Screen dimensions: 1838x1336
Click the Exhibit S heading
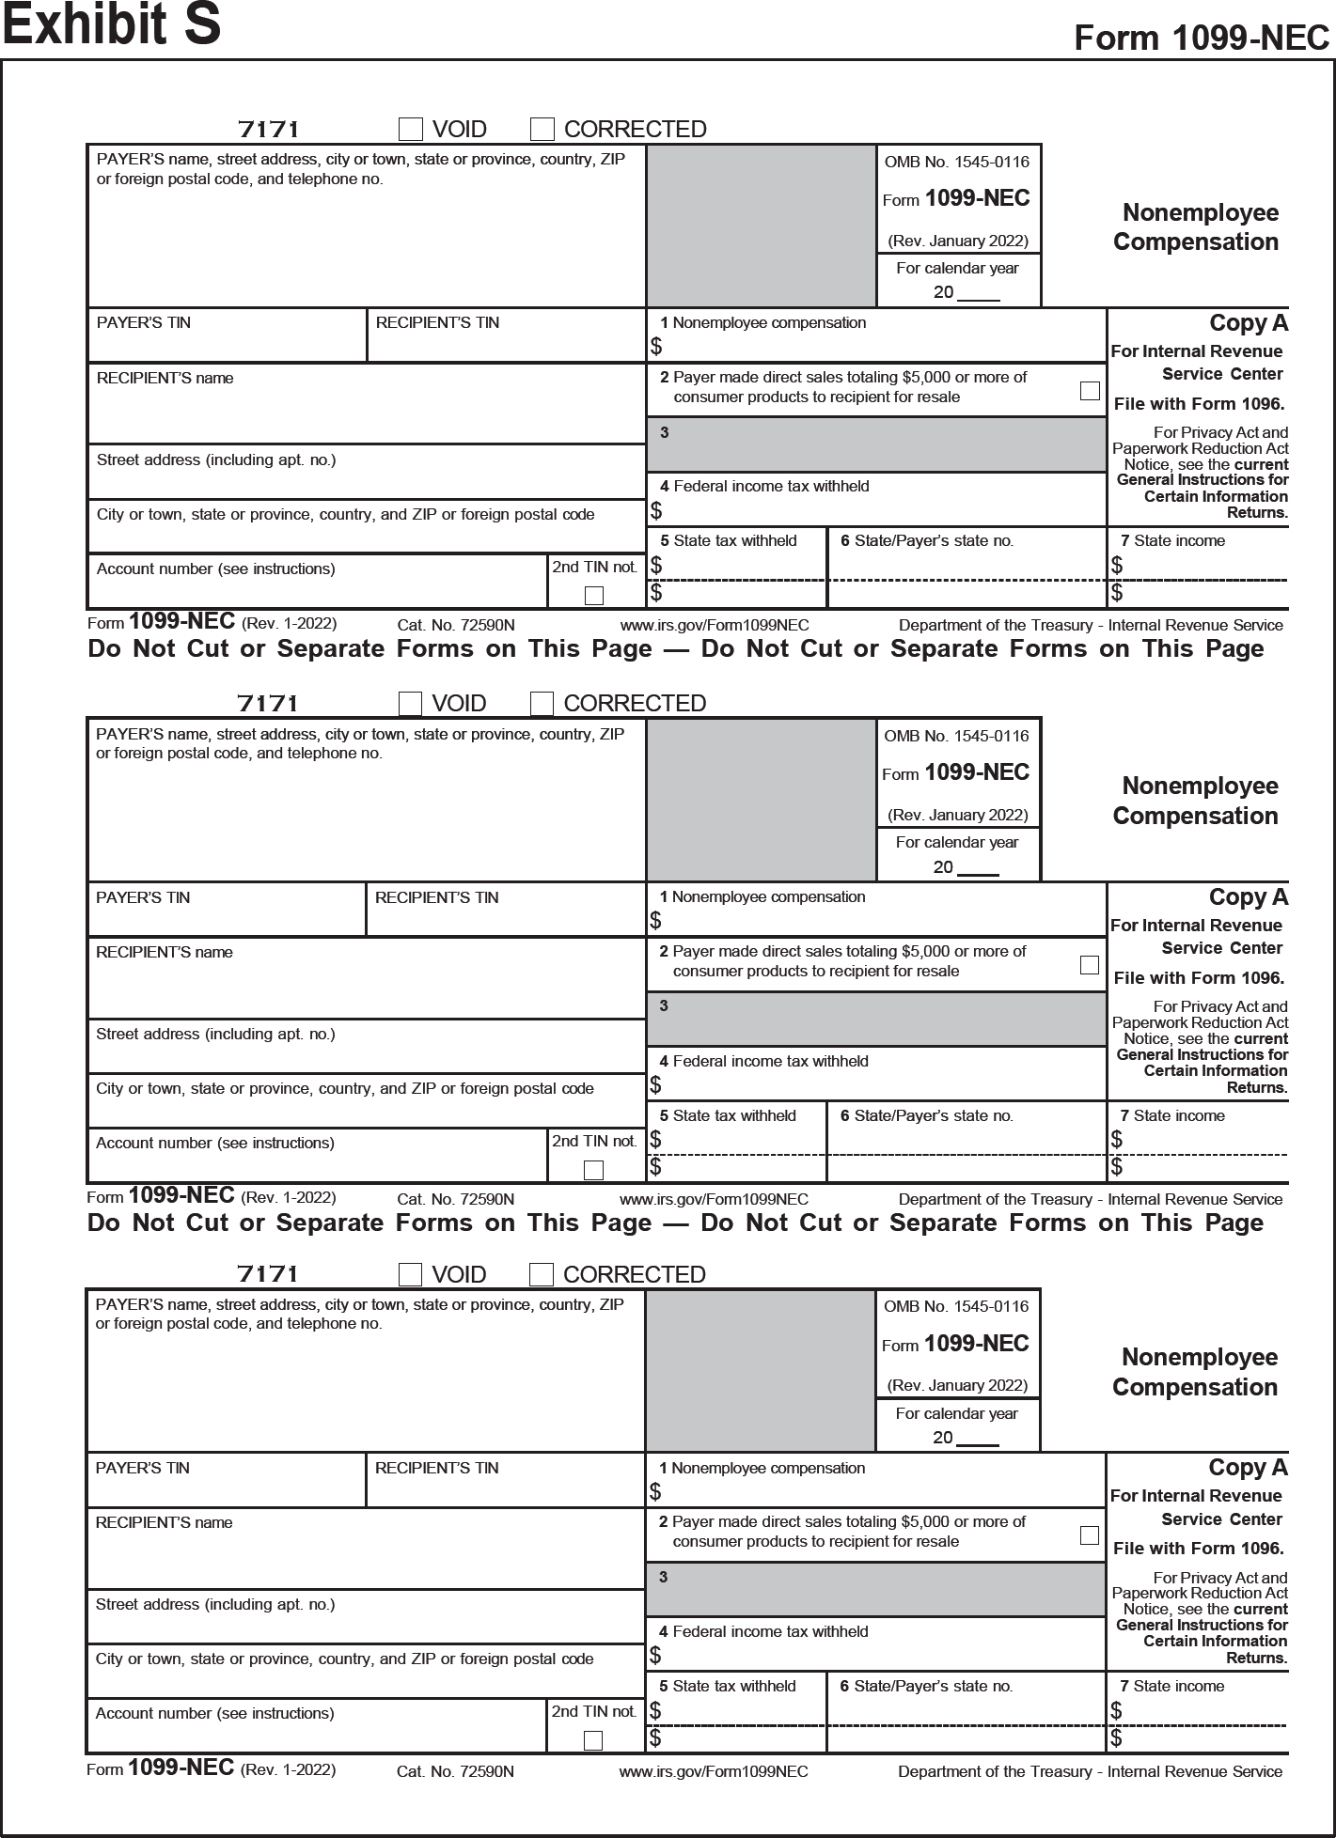[112, 25]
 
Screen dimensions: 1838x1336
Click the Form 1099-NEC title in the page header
[1201, 39]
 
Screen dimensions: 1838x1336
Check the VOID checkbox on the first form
[411, 129]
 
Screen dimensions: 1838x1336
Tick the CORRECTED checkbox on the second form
[542, 704]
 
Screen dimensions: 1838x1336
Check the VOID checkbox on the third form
[410, 1274]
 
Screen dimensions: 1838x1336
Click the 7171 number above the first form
[268, 129]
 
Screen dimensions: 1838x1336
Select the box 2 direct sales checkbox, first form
[1090, 390]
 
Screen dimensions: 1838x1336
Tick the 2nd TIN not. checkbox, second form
[593, 1170]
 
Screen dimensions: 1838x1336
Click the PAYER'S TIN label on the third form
[142, 1468]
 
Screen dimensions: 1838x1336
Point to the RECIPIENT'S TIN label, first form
[437, 323]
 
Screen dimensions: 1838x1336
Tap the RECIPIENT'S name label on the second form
[164, 952]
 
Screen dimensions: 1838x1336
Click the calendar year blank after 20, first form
[979, 293]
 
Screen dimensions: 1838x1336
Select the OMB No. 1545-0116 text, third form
[956, 1306]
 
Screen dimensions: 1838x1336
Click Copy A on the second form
[1248, 897]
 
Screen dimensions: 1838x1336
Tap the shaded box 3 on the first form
[875, 444]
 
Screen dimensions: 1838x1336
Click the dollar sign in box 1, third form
[655, 1491]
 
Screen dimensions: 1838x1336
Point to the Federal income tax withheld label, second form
[770, 1061]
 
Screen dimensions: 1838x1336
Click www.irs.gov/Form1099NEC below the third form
[713, 1771]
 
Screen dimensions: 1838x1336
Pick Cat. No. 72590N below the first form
[456, 626]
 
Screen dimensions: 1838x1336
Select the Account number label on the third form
[214, 1713]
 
